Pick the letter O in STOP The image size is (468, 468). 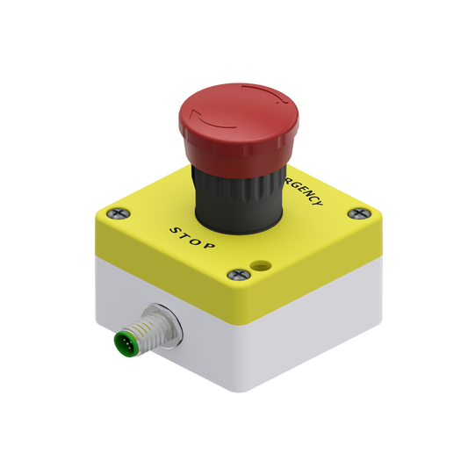click(x=198, y=240)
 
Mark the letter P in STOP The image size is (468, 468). click(x=210, y=248)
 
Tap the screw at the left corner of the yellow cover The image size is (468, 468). click(x=120, y=211)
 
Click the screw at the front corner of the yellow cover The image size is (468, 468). click(x=235, y=274)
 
